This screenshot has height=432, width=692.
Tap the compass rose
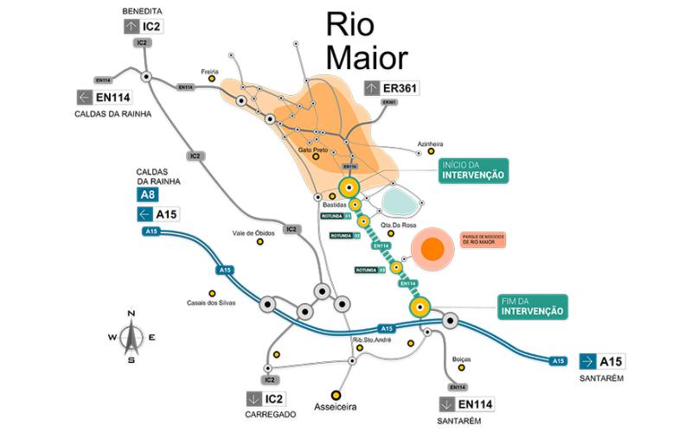tap(130, 335)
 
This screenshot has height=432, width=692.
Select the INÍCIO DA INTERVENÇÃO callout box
tap(473, 169)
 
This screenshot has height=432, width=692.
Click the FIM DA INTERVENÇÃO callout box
tap(532, 305)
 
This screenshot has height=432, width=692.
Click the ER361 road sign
tap(392, 87)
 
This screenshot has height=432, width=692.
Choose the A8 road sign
tap(149, 195)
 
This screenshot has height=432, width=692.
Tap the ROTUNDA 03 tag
tap(370, 270)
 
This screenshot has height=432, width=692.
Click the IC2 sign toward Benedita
tap(143, 26)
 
